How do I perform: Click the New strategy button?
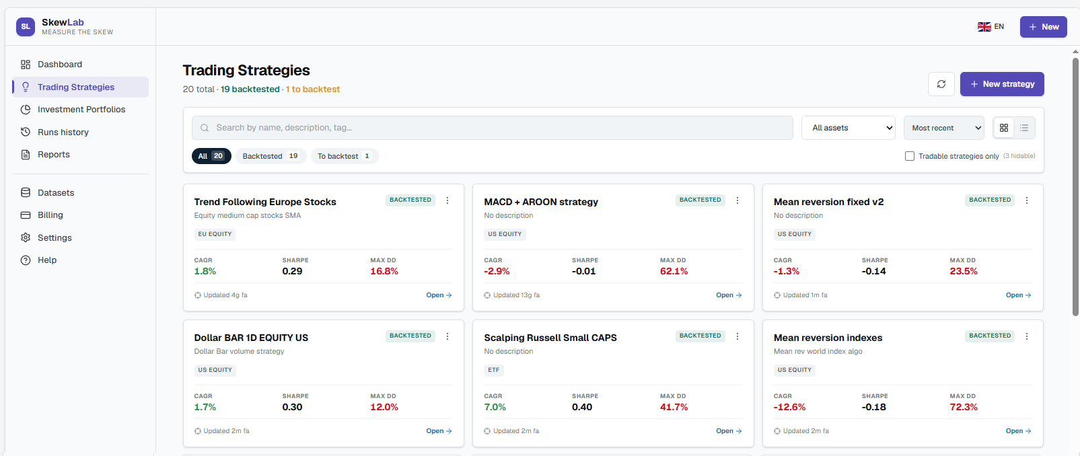click(1002, 84)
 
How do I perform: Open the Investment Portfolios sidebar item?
click(81, 110)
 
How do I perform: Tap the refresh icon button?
click(941, 84)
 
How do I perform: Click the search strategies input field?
click(493, 128)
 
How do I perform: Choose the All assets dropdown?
click(848, 128)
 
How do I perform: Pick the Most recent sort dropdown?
click(943, 128)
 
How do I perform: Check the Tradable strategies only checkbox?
click(910, 156)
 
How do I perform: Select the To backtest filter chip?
click(345, 156)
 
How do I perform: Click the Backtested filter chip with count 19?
click(271, 156)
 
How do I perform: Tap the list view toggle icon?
click(1024, 128)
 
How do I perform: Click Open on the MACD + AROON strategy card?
click(729, 295)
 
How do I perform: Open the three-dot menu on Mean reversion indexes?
click(1026, 336)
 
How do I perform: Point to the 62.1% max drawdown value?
click(674, 272)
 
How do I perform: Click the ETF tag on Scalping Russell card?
click(494, 370)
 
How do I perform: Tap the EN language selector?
click(991, 26)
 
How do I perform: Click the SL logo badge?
click(26, 27)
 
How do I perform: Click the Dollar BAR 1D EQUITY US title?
click(251, 338)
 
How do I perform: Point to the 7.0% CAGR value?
click(495, 408)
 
